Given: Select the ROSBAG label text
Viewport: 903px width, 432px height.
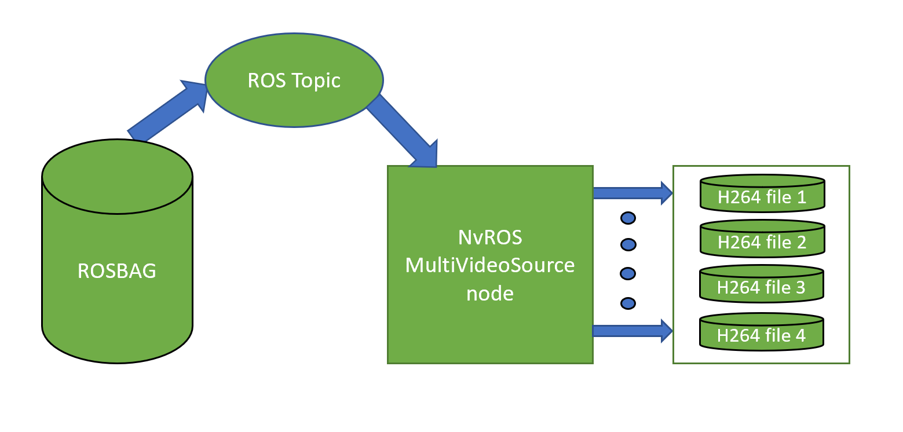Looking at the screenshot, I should point(117,270).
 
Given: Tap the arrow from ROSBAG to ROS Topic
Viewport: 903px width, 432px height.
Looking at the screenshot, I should point(167,112).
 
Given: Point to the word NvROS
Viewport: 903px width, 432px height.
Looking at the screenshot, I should point(489,238).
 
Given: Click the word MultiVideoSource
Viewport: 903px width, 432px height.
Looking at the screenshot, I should point(489,266).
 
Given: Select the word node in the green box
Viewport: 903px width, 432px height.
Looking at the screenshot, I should point(489,294).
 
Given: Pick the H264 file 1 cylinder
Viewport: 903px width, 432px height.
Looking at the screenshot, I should point(762,195).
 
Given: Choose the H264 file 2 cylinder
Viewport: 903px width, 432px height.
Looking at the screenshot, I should point(762,239).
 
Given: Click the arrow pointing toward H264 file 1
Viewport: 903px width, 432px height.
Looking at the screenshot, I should point(632,192).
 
